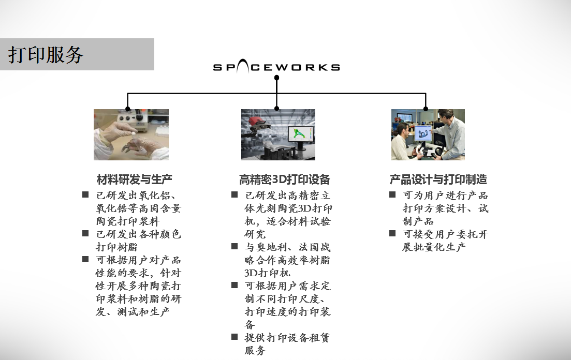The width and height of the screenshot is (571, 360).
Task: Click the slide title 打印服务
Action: pyautogui.click(x=46, y=55)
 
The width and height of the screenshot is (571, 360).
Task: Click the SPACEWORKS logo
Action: pyautogui.click(x=276, y=67)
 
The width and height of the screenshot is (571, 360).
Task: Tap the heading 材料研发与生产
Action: pyautogui.click(x=135, y=179)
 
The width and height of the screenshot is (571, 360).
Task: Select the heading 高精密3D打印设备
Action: pyautogui.click(x=284, y=179)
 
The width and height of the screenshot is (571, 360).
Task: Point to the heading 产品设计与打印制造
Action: pyautogui.click(x=438, y=179)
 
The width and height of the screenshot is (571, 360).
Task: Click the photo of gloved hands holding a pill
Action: pyautogui.click(x=131, y=134)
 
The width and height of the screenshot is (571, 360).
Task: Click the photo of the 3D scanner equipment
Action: pyautogui.click(x=278, y=134)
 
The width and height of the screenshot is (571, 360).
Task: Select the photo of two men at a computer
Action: pyautogui.click(x=428, y=134)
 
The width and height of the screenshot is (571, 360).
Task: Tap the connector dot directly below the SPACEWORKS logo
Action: pyautogui.click(x=277, y=78)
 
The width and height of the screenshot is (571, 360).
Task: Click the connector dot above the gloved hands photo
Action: pyautogui.click(x=127, y=109)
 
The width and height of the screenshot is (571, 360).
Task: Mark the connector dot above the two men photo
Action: pyautogui.click(x=426, y=109)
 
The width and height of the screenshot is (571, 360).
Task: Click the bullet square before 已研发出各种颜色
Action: pyautogui.click(x=85, y=233)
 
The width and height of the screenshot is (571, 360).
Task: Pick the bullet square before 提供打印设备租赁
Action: pyautogui.click(x=235, y=337)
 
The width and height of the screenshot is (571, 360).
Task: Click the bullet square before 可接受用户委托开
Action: pyautogui.click(x=392, y=233)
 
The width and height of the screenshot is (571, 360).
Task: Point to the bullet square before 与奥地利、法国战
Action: pyautogui.click(x=235, y=246)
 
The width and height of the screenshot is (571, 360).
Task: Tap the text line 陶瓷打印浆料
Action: pyautogui.click(x=128, y=221)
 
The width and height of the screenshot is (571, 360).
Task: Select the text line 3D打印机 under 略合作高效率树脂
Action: pyautogui.click(x=267, y=273)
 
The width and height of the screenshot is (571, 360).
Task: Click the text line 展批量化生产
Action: pyautogui.click(x=434, y=247)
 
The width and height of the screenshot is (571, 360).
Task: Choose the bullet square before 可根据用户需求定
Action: pyautogui.click(x=235, y=285)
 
